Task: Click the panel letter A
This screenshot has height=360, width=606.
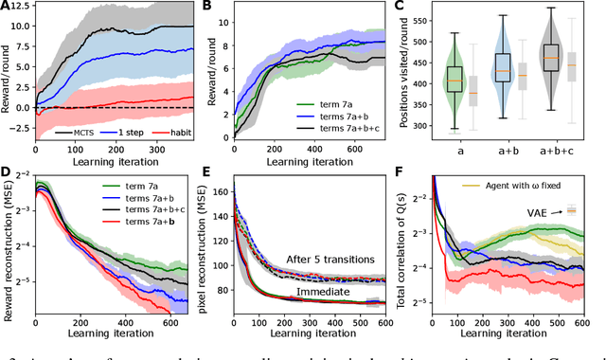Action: coord(8,7)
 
